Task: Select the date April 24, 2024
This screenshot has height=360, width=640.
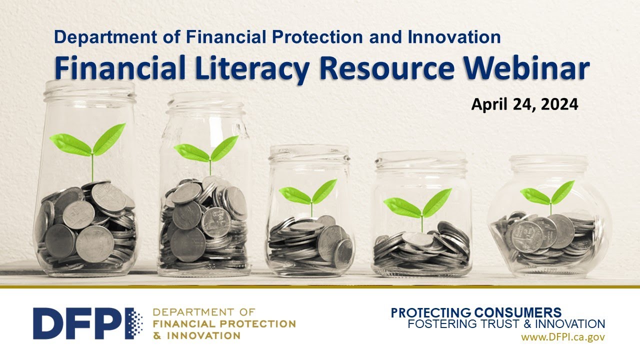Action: click(524, 104)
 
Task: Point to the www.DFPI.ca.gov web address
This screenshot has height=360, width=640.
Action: click(563, 337)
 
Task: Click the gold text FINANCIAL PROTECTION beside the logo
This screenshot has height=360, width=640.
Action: click(223, 324)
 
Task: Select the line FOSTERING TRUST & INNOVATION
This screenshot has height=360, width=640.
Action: click(506, 324)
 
